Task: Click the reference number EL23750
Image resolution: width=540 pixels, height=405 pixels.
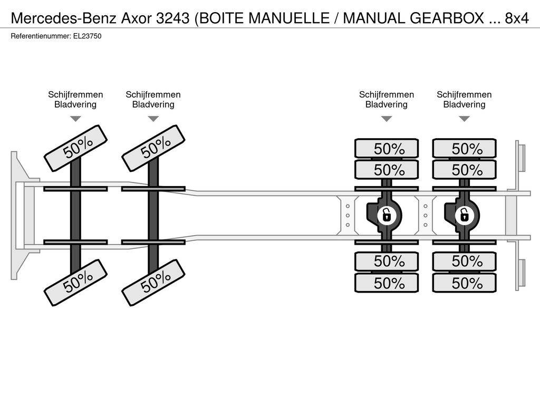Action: [88, 36]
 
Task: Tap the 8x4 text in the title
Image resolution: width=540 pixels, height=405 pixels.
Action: [517, 18]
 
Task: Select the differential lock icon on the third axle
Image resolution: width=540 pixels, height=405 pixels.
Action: [387, 216]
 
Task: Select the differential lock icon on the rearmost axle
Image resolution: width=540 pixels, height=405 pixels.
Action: [464, 216]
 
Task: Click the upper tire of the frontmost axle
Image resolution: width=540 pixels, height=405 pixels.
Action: [75, 148]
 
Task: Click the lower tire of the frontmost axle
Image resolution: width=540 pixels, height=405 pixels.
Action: [75, 283]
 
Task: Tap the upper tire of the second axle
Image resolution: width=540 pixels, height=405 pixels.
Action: [153, 148]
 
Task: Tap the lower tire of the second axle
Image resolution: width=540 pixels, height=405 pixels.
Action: [153, 283]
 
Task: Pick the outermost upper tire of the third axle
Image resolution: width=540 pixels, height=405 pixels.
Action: [387, 149]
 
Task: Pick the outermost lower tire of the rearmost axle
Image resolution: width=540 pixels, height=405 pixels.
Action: [464, 283]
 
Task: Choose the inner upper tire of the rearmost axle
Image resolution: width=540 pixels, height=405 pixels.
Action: [464, 170]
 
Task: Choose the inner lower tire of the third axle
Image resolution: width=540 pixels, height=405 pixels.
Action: [387, 262]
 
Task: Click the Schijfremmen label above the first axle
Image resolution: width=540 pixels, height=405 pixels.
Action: [75, 95]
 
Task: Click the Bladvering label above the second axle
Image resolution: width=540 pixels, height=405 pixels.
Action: [153, 104]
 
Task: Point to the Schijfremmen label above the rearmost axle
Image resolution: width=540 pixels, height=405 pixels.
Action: [464, 95]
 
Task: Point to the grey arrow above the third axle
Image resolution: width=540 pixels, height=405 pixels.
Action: [387, 119]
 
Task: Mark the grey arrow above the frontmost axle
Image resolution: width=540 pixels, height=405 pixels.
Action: [75, 119]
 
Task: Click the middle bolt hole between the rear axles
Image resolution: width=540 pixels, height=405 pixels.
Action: [426, 216]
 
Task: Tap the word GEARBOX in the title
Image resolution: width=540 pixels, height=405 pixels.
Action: [447, 18]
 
